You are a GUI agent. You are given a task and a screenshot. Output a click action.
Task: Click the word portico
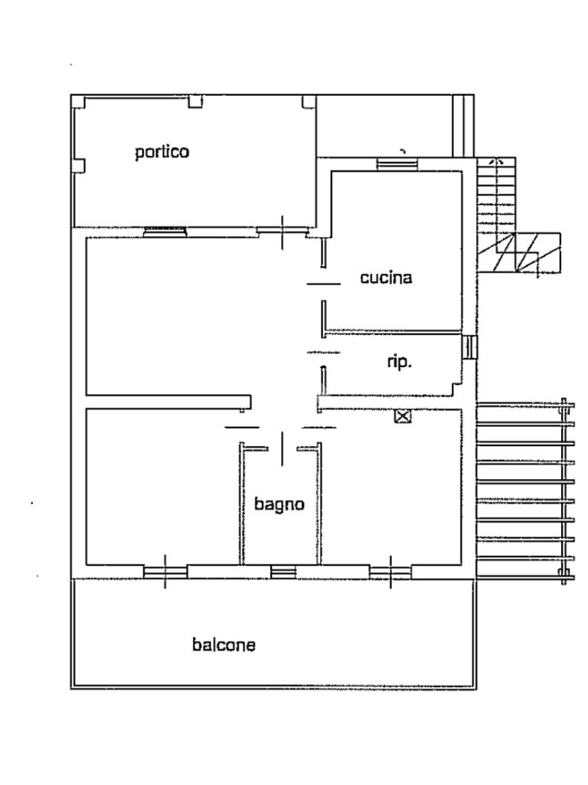coord(162,152)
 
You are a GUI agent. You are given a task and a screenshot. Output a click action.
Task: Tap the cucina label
coord(386,277)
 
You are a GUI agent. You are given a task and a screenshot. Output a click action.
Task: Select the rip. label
coord(400,362)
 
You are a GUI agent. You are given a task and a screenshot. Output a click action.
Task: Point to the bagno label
coord(279,504)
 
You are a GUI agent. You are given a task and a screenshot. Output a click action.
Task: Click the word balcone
coord(224,644)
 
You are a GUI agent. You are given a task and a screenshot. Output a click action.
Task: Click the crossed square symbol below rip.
coord(403,416)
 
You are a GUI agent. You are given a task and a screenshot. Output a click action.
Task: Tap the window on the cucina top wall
coord(397,164)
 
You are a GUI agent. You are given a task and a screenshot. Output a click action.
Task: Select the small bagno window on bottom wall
coord(283,571)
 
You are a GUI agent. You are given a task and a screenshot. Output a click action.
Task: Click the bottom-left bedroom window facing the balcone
coord(165,571)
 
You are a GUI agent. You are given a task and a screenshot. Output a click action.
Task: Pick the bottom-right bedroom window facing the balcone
coord(390,571)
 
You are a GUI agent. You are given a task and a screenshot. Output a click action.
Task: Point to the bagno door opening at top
coord(282,448)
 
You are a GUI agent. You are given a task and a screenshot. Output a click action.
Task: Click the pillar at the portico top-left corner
coord(79,102)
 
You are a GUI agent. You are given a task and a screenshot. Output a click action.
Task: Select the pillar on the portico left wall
coord(79,166)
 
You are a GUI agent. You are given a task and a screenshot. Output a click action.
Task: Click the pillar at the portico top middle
coord(195,102)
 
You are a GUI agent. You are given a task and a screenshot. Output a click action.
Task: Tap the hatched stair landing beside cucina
coord(528,252)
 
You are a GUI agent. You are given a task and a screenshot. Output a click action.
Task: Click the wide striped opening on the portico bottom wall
coord(165,232)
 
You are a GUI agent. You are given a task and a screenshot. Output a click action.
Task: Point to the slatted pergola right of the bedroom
coord(523,491)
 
